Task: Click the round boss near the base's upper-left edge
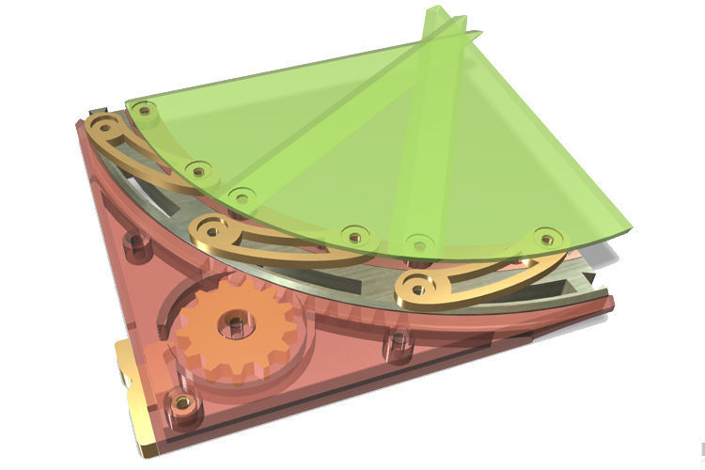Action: (138, 243)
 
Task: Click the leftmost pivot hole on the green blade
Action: (144, 111)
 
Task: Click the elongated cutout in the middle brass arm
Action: (282, 245)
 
